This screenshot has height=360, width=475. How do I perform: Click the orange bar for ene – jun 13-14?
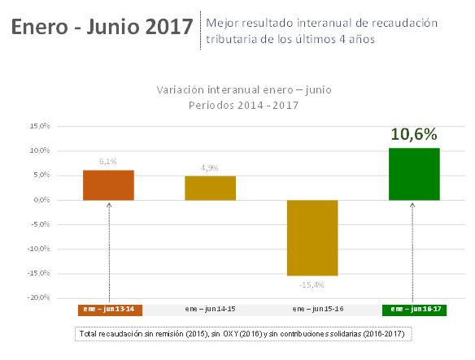coord(108,184)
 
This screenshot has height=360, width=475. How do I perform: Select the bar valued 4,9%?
coord(210,188)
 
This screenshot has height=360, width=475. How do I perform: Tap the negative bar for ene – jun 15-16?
coord(312,237)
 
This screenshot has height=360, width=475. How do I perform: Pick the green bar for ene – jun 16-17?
coord(414,174)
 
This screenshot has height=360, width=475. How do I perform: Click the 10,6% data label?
coord(414,134)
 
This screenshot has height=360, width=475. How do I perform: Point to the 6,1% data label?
coord(108,162)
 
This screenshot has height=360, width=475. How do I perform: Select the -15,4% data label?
coord(312,284)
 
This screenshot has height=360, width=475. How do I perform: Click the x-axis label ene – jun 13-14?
coord(108,310)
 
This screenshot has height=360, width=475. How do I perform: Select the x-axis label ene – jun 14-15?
coord(210,310)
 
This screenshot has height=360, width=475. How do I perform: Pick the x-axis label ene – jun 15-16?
coord(312,310)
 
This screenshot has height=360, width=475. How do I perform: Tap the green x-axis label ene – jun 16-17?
coord(414,310)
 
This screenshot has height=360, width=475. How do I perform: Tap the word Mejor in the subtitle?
coord(224,22)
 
